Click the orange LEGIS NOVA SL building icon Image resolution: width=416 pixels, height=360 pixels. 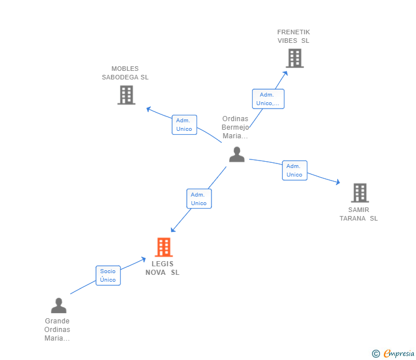pos(163,247)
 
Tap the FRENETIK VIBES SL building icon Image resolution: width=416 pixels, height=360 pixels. pos(294,58)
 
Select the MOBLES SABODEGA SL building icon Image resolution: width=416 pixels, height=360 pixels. pos(126,95)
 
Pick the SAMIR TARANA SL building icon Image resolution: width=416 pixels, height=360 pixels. pos(359,193)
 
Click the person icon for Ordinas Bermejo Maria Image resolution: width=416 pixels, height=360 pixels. pos(237,154)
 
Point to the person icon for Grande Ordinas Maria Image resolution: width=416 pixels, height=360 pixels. pos(58,306)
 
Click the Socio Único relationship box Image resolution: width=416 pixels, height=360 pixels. pos(108,275)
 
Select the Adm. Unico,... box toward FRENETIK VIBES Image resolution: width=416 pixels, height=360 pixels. pos(268,99)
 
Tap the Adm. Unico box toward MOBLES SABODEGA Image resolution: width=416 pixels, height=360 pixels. pos(184,125)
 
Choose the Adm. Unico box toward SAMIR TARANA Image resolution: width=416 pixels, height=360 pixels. pos(294,170)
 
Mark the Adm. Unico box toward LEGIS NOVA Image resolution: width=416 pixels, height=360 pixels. pos(199,199)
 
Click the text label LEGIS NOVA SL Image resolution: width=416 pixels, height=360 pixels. pos(162,268)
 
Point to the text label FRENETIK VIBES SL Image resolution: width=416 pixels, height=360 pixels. pos(293,36)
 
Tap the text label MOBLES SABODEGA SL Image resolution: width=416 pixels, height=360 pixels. pos(125,73)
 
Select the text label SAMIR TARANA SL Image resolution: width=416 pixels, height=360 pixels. pos(359,214)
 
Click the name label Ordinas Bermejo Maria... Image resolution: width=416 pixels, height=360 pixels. pos(235,127)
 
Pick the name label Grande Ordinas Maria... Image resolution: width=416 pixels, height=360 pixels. pos(57,330)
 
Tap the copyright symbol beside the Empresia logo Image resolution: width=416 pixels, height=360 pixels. pos(375,354)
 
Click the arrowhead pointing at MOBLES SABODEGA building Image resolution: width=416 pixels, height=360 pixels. pos(149,109)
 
